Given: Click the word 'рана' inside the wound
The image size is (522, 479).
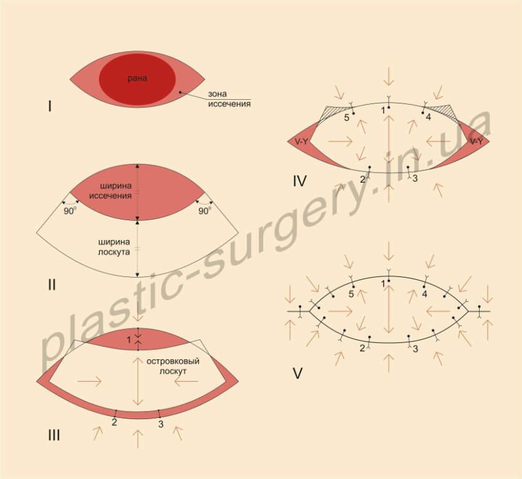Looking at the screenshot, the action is pyautogui.click(x=137, y=78).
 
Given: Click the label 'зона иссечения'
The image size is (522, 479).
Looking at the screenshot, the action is pyautogui.click(x=229, y=99).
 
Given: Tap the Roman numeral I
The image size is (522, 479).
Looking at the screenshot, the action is pyautogui.click(x=50, y=107).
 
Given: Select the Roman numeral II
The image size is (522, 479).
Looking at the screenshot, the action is pyautogui.click(x=52, y=285).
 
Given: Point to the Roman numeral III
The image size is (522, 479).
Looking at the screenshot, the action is pyautogui.click(x=54, y=435).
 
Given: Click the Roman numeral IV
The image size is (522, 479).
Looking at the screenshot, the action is pyautogui.click(x=299, y=181).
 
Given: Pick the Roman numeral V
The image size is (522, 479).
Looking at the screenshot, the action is pyautogui.click(x=297, y=374).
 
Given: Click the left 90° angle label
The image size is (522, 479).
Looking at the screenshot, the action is pyautogui.click(x=70, y=211).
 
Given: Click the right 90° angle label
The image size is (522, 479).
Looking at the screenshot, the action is pyautogui.click(x=205, y=211).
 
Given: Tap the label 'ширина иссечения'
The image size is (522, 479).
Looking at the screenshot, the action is pyautogui.click(x=110, y=191).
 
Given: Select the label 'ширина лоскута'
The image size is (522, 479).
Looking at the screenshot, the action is pyautogui.click(x=114, y=247).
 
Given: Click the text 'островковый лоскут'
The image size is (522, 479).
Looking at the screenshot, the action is pyautogui.click(x=173, y=366).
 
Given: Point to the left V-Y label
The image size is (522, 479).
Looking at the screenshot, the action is pyautogui.click(x=301, y=142).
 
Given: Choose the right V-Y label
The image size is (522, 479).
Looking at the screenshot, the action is pyautogui.click(x=476, y=142).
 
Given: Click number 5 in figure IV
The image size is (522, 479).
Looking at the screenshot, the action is pyautogui.click(x=347, y=118).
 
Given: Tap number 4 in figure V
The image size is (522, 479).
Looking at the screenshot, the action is pyautogui.click(x=424, y=294).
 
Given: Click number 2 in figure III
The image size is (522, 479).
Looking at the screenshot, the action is pyautogui.click(x=114, y=422).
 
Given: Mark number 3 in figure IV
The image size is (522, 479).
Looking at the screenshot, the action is pyautogui.click(x=415, y=178).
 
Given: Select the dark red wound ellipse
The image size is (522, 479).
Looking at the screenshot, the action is pyautogui.click(x=137, y=79).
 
